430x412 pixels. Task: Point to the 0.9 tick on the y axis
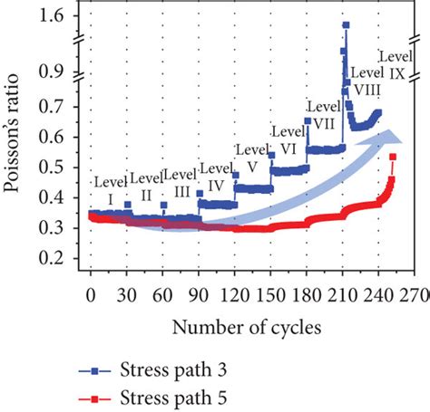(56, 70)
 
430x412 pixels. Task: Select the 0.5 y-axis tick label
(56, 168)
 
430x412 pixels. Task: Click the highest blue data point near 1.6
(345, 25)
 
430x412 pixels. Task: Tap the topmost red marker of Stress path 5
(393, 158)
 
